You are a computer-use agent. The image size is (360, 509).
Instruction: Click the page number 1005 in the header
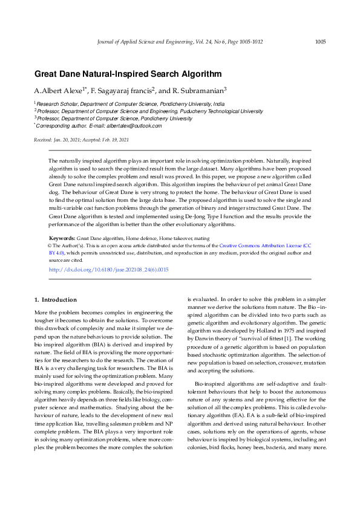pyautogui.click(x=320, y=42)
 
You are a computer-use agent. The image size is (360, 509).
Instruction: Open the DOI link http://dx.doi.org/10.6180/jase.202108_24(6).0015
pyautogui.click(x=108, y=269)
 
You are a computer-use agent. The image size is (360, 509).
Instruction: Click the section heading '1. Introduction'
pyautogui.click(x=55, y=300)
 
